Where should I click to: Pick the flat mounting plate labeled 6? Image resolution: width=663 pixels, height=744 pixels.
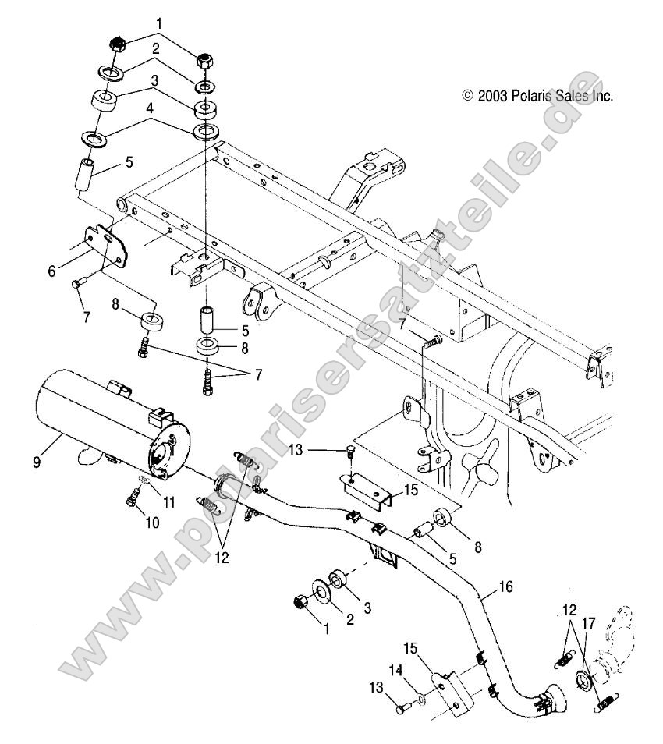tap(104, 249)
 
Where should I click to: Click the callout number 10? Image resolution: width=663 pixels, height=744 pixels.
tap(151, 523)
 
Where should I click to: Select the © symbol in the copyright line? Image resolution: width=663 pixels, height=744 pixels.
tap(468, 96)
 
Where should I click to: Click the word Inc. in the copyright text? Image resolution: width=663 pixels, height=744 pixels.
tap(602, 96)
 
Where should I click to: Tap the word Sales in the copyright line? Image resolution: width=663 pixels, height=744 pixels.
tap(570, 96)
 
